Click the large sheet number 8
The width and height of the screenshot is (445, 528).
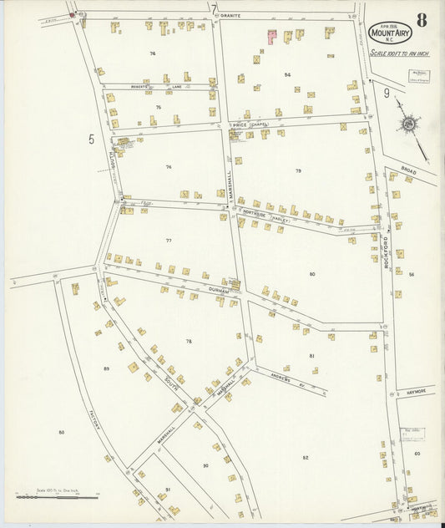pos(422,19)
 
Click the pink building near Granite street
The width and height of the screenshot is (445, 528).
pos(271,36)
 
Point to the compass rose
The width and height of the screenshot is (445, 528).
pos(409,124)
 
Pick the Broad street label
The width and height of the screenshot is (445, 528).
pos(408,170)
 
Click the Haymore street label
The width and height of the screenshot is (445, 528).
pos(415,390)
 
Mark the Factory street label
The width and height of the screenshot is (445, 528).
pos(94,423)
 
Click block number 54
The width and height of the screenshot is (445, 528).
pos(287,74)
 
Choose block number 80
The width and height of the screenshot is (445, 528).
pos(312,274)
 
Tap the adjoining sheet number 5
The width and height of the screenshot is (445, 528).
pos(91,140)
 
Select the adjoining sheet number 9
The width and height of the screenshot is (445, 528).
pos(387,93)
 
